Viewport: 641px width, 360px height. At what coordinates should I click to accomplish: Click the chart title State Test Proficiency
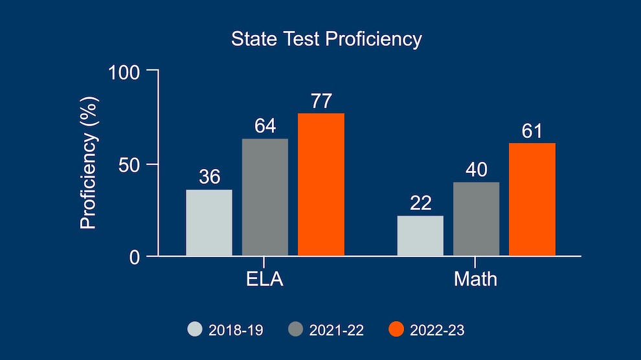pos(326,39)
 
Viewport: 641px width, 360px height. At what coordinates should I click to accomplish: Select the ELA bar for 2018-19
pos(209,223)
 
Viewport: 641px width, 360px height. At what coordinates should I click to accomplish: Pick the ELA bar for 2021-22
pos(265,197)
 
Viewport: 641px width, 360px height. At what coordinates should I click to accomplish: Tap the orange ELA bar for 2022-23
pos(321,185)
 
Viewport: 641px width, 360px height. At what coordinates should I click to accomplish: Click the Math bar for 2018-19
pos(420,236)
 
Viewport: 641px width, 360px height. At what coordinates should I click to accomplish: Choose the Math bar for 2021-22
pos(477,219)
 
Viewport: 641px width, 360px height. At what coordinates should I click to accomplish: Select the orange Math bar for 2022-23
pos(532,199)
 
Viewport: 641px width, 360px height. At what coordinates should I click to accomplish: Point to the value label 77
pos(321,102)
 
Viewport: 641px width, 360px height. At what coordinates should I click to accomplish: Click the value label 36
pos(209,177)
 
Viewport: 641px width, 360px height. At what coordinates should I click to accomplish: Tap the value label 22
pos(420,203)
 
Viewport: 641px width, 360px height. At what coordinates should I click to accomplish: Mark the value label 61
pos(532,131)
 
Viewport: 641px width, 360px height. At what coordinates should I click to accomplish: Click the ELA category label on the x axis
pos(265,280)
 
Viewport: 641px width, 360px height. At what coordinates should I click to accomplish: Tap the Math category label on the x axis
pos(476,280)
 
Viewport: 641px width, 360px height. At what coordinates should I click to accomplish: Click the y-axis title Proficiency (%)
pos(88,163)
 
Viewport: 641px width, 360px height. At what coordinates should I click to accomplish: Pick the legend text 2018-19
pos(235,330)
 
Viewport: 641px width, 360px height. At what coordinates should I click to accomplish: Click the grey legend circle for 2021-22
pos(295,330)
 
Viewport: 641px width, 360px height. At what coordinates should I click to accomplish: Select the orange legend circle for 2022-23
pos(396,330)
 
